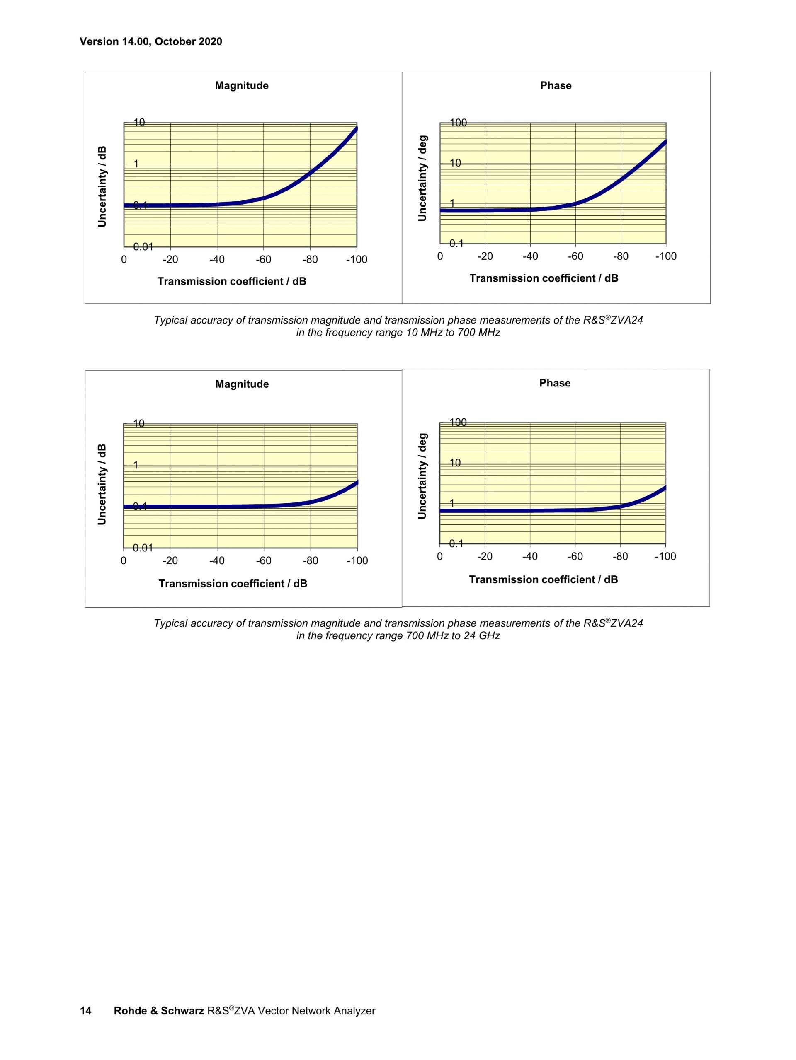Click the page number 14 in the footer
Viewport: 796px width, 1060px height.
(x=85, y=1011)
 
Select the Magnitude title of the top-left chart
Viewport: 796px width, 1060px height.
(x=242, y=86)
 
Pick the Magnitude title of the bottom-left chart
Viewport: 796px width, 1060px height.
(x=242, y=384)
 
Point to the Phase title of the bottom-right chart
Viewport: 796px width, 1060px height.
(x=555, y=383)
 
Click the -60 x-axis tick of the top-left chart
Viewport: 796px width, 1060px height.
(x=263, y=260)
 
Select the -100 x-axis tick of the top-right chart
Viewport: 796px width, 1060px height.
(x=665, y=256)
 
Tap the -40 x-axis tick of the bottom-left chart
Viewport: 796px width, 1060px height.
(x=217, y=561)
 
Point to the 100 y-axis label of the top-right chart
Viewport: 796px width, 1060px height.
(x=458, y=123)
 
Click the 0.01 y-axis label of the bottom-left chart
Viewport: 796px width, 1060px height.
(x=143, y=547)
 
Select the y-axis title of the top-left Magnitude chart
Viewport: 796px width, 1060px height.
(x=102, y=186)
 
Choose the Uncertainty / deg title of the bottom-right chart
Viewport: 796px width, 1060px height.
(x=422, y=476)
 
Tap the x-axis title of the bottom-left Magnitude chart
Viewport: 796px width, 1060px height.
(x=233, y=584)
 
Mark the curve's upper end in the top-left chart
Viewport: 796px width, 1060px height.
(x=356, y=128)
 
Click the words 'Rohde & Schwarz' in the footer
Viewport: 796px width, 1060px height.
(x=159, y=1011)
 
